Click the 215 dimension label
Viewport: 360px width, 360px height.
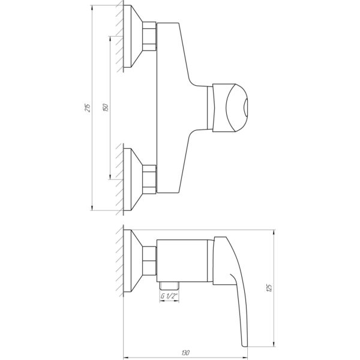[x=88, y=107]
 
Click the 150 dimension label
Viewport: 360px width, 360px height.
[x=106, y=107]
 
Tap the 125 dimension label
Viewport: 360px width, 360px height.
[x=269, y=288]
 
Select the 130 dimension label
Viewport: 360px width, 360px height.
[x=185, y=352]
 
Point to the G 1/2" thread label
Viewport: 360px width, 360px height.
[x=169, y=296]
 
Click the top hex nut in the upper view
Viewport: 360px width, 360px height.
[x=149, y=36]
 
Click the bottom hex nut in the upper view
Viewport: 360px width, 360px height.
[x=149, y=179]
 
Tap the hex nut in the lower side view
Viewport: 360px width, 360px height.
[x=149, y=260]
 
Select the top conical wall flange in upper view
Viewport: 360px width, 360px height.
[x=133, y=36]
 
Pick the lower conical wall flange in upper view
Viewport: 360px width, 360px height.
[x=133, y=179]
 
